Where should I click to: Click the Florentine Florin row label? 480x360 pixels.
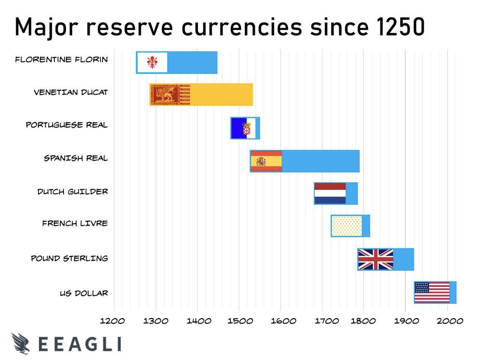pyautogui.click(x=61, y=60)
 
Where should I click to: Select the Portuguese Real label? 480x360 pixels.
pyautogui.click(x=67, y=125)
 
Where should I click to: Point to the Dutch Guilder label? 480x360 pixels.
pyautogui.click(x=72, y=192)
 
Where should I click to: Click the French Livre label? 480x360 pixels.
pyautogui.click(x=75, y=223)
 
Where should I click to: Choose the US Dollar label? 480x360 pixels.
pyautogui.click(x=84, y=294)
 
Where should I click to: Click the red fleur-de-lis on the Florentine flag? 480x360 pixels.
pyautogui.click(x=152, y=62)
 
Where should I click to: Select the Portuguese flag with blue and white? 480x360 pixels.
pyautogui.click(x=243, y=128)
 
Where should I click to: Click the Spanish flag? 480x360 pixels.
pyautogui.click(x=266, y=161)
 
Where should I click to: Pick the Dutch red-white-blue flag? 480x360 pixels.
pyautogui.click(x=330, y=194)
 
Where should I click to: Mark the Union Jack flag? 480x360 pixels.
pyautogui.click(x=375, y=259)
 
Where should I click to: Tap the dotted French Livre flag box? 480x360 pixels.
pyautogui.click(x=346, y=226)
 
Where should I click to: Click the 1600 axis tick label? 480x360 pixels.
pyautogui.click(x=280, y=321)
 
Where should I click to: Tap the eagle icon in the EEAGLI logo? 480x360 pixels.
pyautogui.click(x=20, y=344)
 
